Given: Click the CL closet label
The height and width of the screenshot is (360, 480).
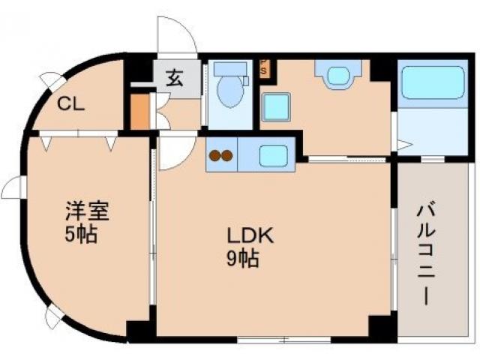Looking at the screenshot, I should [72, 104].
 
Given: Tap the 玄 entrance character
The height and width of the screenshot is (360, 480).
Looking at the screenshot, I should [174, 77].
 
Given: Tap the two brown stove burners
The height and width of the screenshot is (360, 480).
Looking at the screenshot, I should [220, 157].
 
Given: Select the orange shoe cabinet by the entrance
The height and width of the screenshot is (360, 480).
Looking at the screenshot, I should [139, 110].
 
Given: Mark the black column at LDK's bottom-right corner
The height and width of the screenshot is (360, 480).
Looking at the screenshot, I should [382, 328].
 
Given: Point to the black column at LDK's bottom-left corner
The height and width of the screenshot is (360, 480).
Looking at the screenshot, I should [140, 330].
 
